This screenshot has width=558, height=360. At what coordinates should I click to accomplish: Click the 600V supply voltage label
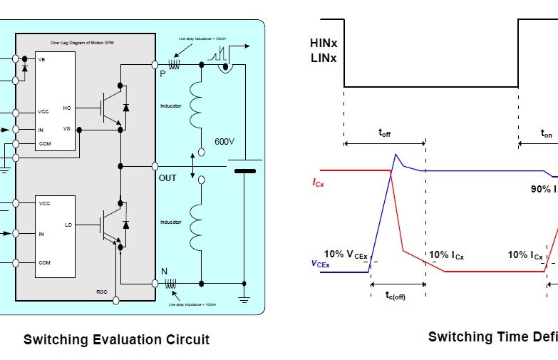225,142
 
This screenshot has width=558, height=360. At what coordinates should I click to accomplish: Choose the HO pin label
67,108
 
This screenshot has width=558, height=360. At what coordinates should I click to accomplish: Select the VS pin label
67,128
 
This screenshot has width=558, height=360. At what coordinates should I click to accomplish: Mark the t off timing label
384,133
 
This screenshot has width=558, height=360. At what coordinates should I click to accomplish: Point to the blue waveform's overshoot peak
396,155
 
